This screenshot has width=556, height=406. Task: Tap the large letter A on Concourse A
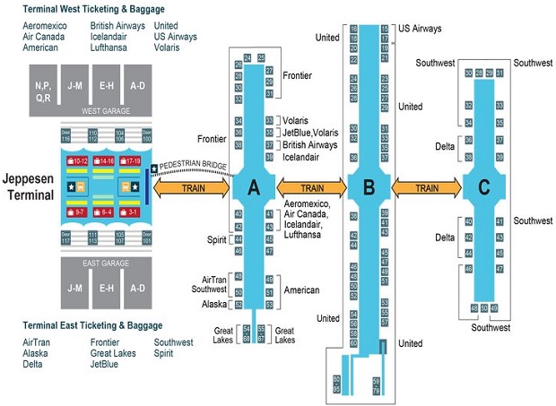[x=253, y=187]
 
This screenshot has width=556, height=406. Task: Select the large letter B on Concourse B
[x=369, y=188]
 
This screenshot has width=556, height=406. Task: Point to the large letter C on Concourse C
[x=484, y=187]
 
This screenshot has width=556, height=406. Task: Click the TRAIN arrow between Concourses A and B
[x=311, y=188]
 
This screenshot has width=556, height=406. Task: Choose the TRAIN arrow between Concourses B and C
[x=427, y=188]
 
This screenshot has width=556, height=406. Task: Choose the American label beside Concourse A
[x=302, y=291]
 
